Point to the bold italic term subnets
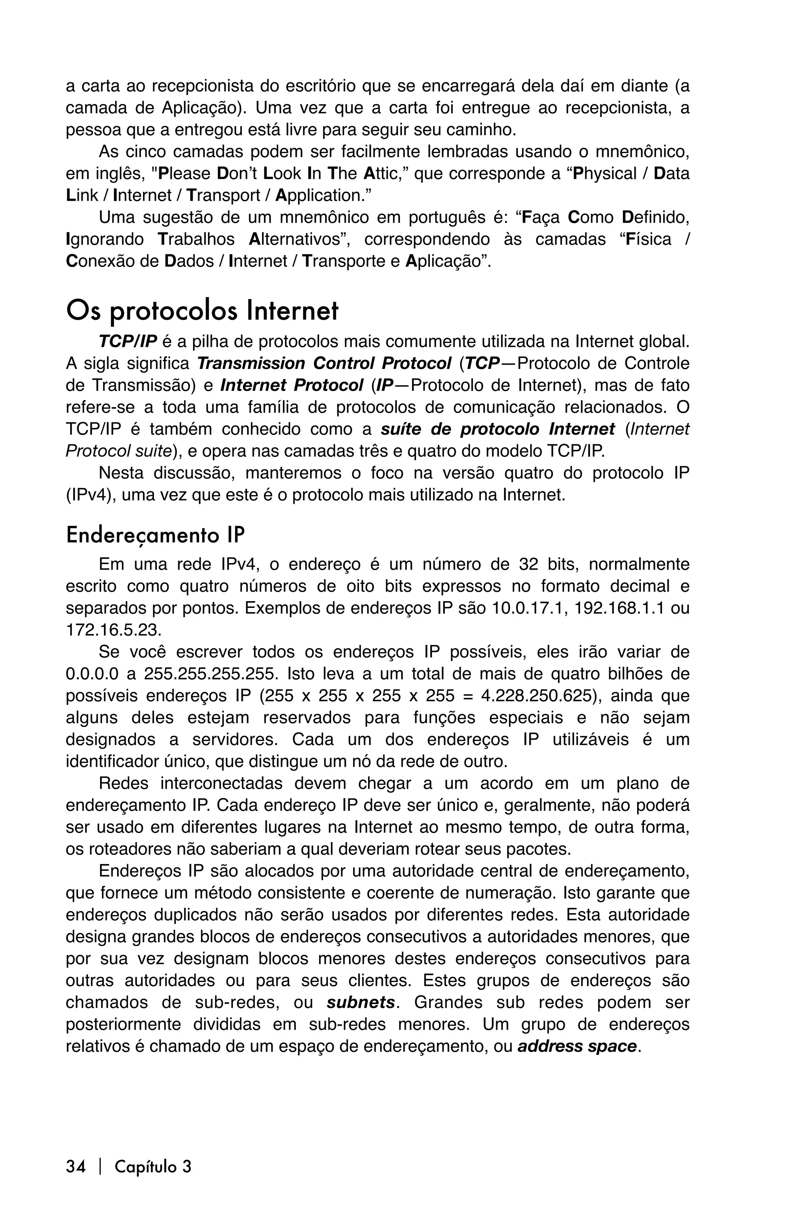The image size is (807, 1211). (x=361, y=1002)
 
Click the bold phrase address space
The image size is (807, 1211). (x=576, y=1046)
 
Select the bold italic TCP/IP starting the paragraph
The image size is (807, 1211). (x=128, y=341)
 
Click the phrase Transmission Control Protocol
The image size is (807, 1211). (x=324, y=363)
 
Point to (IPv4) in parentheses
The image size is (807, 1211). (x=89, y=495)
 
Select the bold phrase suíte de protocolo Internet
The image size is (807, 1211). (x=497, y=429)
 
